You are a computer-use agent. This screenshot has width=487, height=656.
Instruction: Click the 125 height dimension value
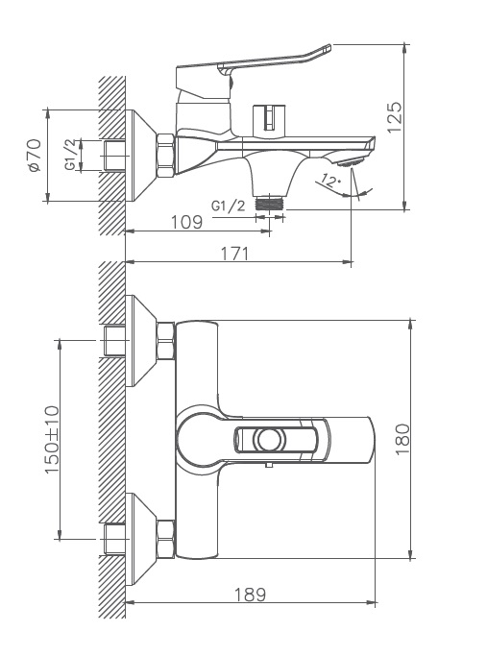[395, 117]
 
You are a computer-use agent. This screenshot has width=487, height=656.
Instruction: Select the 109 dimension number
[186, 222]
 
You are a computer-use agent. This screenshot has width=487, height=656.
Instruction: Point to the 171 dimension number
[234, 254]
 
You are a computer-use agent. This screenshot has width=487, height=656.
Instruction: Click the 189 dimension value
[250, 595]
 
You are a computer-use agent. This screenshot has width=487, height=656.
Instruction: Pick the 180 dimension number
[402, 439]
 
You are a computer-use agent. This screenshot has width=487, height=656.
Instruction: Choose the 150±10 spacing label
[52, 439]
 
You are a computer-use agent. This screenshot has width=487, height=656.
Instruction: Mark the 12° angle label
[331, 181]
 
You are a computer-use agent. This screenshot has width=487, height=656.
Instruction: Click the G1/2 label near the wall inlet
[71, 155]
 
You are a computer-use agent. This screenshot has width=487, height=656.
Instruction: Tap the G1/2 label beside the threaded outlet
[228, 206]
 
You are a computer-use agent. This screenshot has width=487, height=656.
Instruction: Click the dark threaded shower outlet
[270, 204]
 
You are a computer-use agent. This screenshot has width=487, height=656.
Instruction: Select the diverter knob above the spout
[269, 118]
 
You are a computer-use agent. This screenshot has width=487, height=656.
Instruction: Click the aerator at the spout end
[352, 161]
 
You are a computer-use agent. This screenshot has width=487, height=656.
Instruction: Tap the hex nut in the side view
[165, 156]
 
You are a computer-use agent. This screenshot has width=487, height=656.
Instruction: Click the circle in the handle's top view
[268, 440]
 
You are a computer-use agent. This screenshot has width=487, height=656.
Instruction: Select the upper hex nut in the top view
[165, 341]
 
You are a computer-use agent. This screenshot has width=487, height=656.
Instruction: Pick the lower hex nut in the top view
[165, 539]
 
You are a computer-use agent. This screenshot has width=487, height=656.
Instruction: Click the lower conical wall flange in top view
[141, 539]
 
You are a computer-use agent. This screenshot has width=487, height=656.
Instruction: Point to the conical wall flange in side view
[141, 156]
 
